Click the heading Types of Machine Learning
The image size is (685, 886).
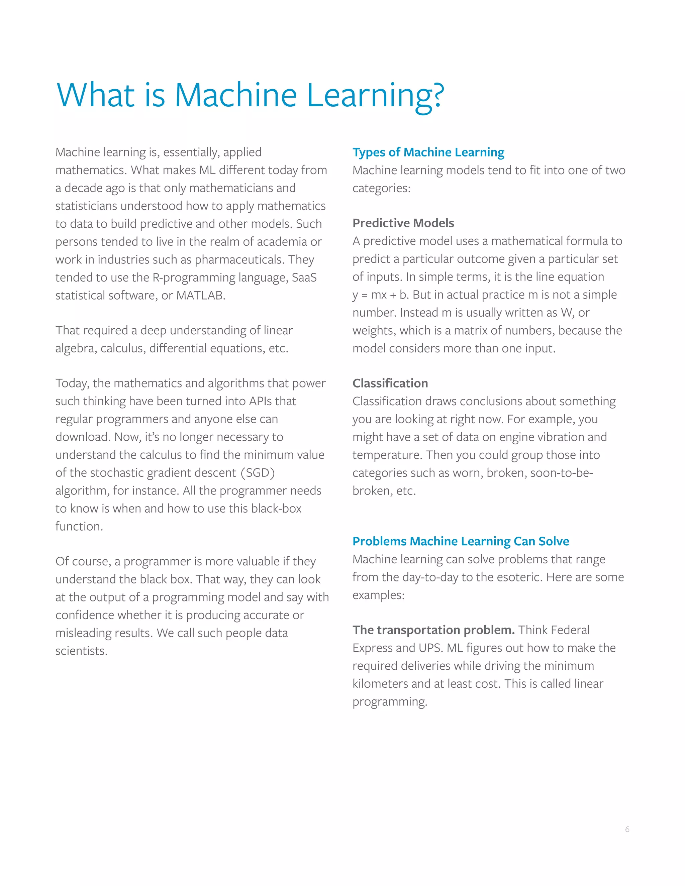point(428,152)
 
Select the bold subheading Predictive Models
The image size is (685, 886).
point(403,223)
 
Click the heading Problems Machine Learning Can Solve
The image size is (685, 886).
point(461,541)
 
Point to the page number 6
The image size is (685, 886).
point(627,829)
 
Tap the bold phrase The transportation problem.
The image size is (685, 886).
point(433,630)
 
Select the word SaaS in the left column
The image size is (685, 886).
point(304,278)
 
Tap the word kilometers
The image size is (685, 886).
point(380,684)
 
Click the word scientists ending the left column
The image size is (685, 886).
point(81,651)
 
